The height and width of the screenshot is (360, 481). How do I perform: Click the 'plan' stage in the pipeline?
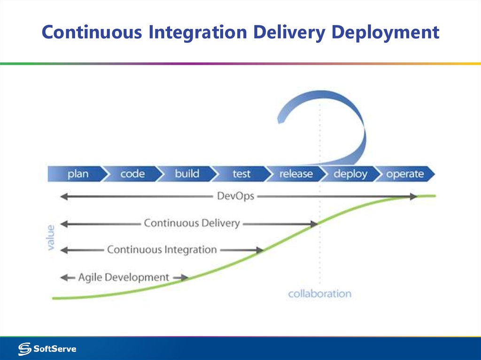tap(78, 174)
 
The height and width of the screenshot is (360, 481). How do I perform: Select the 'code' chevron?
tap(132, 174)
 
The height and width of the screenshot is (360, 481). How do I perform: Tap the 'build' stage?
tap(187, 174)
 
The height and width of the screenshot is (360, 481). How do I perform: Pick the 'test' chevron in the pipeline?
tap(241, 174)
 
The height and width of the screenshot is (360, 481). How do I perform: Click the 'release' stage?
tap(296, 174)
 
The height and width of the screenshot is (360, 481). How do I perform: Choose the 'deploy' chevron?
tap(350, 174)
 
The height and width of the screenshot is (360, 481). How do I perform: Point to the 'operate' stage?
tap(405, 174)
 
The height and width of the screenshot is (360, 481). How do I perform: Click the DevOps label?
tap(235, 196)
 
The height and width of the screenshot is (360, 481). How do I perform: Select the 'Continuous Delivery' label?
tap(192, 223)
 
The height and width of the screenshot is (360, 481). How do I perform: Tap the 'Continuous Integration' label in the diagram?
tap(162, 250)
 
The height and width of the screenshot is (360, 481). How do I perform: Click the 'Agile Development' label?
tap(124, 277)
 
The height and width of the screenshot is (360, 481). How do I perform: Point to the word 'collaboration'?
tap(319, 294)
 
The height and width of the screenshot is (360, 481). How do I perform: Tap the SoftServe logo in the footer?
tap(47, 349)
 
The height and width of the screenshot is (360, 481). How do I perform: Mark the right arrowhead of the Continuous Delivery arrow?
tap(313, 224)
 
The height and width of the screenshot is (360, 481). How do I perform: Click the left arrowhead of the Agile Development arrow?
tap(64, 278)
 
